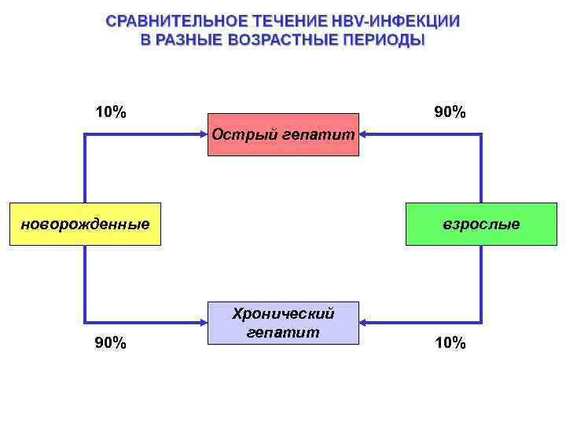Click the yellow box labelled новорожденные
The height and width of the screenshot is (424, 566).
85,225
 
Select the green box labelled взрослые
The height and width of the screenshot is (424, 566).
481,225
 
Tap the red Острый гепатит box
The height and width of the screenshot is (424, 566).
283,135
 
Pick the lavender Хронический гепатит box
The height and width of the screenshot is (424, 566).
283,323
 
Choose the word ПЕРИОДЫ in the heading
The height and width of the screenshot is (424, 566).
382,39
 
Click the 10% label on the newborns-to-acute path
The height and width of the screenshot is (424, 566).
110,112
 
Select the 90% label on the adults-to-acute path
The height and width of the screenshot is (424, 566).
450,112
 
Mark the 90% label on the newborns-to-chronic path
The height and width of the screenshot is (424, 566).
110,343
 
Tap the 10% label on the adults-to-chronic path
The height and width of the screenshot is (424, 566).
450,343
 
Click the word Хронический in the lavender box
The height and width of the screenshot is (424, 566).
283,314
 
